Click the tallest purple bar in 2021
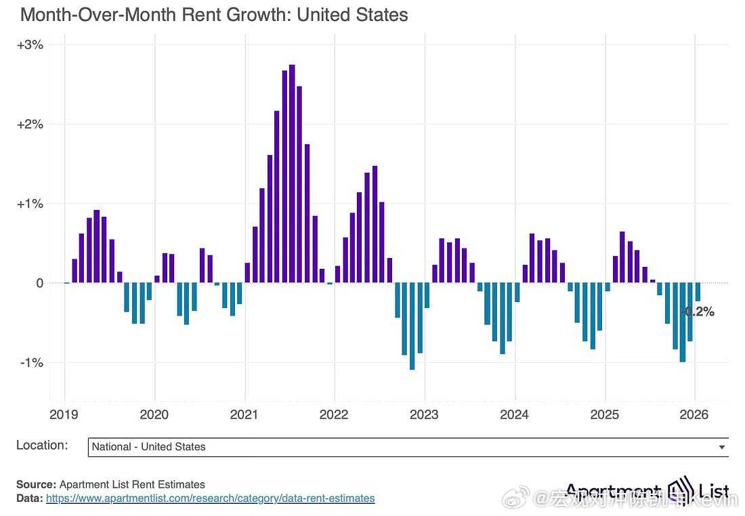tap(292, 173)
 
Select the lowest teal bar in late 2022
tap(412, 326)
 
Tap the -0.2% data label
tap(698, 312)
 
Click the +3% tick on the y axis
tap(30, 45)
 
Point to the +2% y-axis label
tap(30, 125)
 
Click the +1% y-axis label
tap(30, 204)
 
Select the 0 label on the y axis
tap(39, 283)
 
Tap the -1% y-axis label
tap(32, 362)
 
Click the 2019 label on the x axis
tap(64, 414)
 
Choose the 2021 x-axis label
tap(244, 414)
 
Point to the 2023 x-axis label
tap(425, 414)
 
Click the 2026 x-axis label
tap(694, 414)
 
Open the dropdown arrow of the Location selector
tap(722, 447)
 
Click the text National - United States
tap(148, 447)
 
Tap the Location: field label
tap(42, 446)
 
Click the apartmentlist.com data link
tap(210, 498)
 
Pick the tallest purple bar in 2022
tap(375, 224)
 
